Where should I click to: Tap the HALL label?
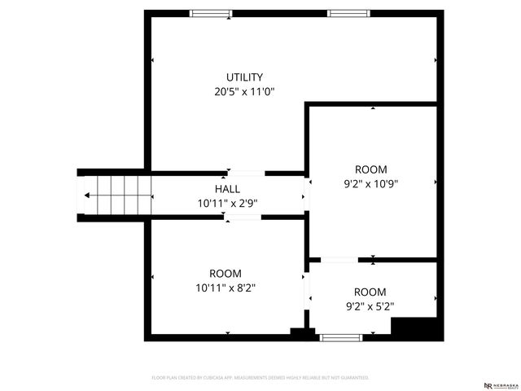tap(227, 189)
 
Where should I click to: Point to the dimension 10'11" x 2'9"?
tap(227, 203)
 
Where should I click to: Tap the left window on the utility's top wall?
tap(210, 13)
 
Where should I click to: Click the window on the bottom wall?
tap(340, 337)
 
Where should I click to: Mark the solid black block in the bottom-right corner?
tap(417, 328)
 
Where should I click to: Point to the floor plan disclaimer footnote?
tap(260, 378)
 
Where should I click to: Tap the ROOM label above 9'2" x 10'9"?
tap(370, 169)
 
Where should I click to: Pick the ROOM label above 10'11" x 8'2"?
tap(225, 274)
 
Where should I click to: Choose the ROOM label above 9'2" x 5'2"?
tap(370, 292)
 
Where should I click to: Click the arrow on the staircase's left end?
tap(86, 195)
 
